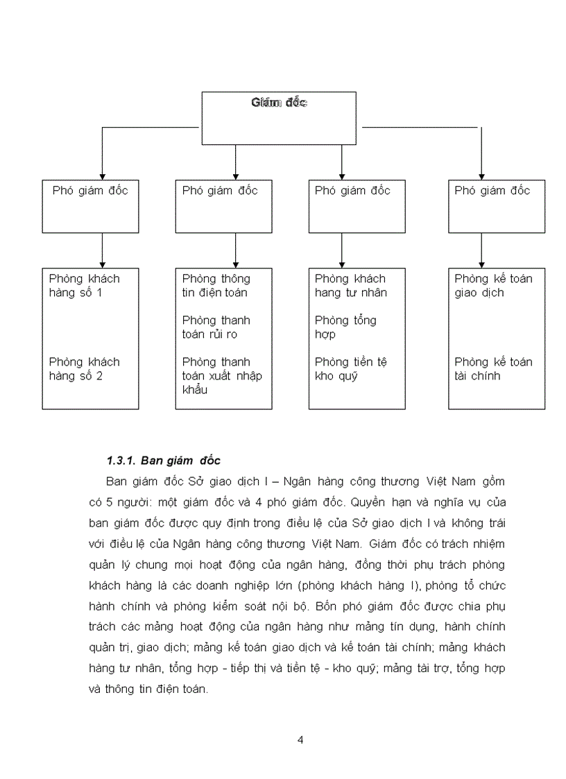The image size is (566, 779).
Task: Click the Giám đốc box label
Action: click(x=279, y=103)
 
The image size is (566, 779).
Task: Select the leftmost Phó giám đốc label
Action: click(x=90, y=190)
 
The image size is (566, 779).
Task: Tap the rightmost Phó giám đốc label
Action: click(x=492, y=190)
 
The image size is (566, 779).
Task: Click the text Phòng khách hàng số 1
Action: click(x=85, y=286)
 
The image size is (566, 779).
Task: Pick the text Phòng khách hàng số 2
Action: click(x=85, y=369)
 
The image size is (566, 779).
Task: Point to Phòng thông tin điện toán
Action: click(x=216, y=286)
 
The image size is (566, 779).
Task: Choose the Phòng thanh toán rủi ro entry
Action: click(x=216, y=327)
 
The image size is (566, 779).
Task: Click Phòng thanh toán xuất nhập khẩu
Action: click(x=222, y=375)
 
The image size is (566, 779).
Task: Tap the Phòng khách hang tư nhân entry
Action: click(x=351, y=286)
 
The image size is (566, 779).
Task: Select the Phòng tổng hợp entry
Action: click(x=345, y=327)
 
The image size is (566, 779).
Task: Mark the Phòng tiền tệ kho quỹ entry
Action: click(x=351, y=369)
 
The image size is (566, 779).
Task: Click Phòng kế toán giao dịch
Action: click(x=494, y=286)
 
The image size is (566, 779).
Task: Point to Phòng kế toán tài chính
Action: click(x=494, y=369)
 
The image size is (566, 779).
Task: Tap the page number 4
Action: click(x=300, y=739)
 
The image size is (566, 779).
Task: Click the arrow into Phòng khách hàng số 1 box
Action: click(x=103, y=250)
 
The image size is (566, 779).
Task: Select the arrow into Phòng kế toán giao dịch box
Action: click(x=481, y=250)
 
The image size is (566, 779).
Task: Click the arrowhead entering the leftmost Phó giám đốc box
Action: click(x=103, y=176)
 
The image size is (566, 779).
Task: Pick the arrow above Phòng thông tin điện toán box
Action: click(x=236, y=250)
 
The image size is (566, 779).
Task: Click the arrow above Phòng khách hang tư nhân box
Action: click(x=341, y=250)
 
